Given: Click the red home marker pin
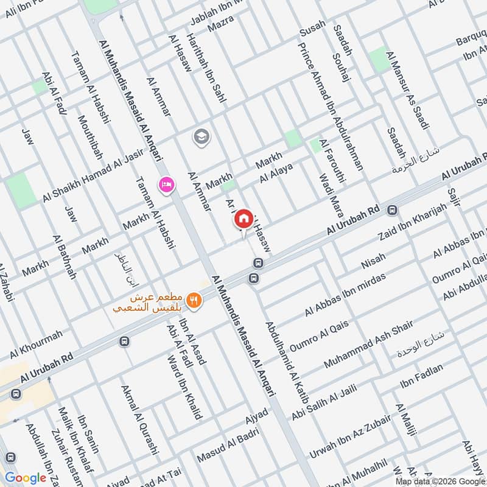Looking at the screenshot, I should tap(243, 219).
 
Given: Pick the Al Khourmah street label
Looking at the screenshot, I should tap(36, 345).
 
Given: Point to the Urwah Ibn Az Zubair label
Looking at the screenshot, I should tap(349, 437).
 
